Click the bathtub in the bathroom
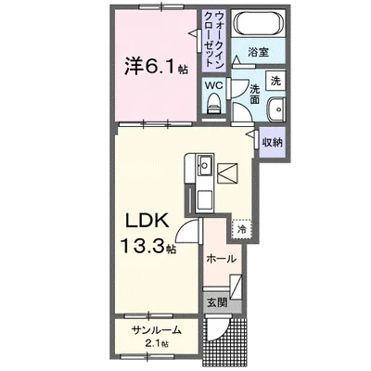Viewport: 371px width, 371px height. click(x=259, y=22)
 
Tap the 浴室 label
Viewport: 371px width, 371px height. click(x=258, y=52)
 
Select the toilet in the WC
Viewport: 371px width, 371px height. click(x=213, y=104)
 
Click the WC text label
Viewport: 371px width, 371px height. click(x=214, y=85)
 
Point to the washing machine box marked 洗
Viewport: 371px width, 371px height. click(x=275, y=81)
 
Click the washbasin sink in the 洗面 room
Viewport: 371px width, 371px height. click(x=276, y=109)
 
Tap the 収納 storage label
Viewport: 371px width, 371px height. click(x=273, y=142)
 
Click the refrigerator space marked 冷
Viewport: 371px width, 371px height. click(x=241, y=229)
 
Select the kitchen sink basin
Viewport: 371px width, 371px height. click(x=205, y=165)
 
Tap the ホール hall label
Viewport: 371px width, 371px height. click(x=221, y=259)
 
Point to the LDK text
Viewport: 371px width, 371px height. click(x=147, y=221)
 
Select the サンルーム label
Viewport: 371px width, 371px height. click(x=156, y=330)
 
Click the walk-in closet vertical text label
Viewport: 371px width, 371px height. click(x=214, y=39)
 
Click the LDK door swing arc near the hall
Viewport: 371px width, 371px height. click(x=185, y=230)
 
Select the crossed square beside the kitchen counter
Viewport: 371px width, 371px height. click(x=227, y=173)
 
